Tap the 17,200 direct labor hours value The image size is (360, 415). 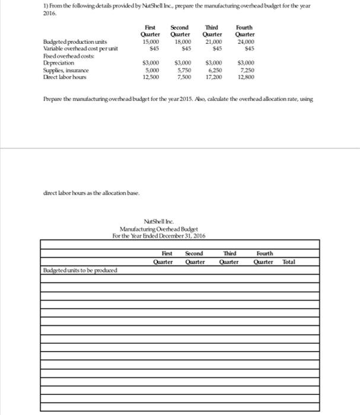(x=213, y=77)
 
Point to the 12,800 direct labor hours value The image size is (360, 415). (x=245, y=77)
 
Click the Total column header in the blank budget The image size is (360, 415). (x=289, y=261)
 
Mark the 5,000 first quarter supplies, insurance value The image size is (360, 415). (x=150, y=71)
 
